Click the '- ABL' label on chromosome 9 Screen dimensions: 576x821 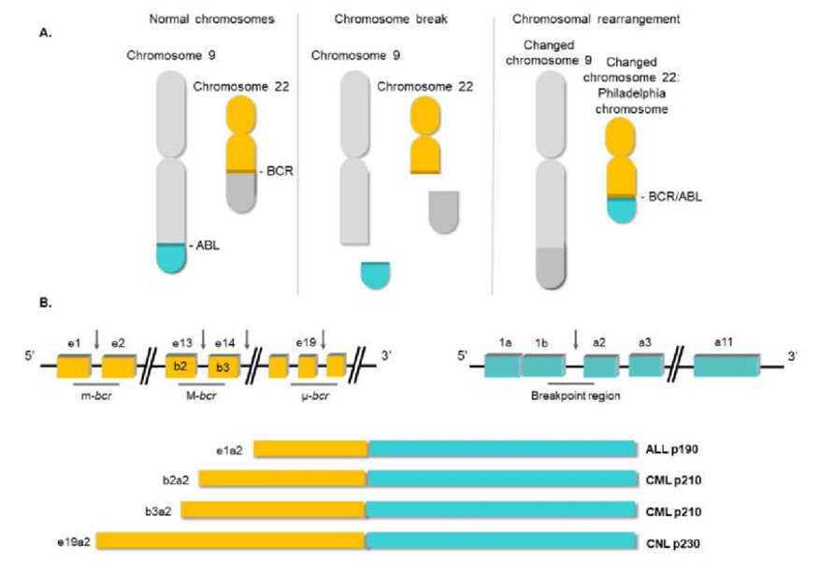[x=208, y=246]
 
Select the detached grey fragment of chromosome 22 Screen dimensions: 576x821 [x=443, y=212]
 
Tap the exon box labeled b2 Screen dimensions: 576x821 [x=180, y=365]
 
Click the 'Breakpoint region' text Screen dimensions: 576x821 [x=569, y=394]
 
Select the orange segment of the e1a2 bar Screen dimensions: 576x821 [x=310, y=450]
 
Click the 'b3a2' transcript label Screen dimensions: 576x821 [x=164, y=511]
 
